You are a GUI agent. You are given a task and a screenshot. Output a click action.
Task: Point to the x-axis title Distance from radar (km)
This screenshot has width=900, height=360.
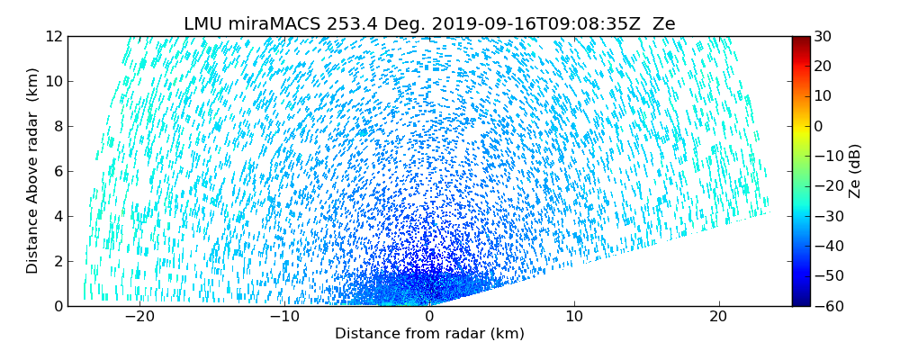[x=429, y=334]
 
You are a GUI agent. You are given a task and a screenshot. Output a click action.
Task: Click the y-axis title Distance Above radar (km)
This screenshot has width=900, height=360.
[x=33, y=171]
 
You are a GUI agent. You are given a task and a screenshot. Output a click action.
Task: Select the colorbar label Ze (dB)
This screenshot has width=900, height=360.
[x=855, y=171]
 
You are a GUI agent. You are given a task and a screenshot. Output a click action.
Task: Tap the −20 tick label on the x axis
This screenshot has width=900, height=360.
[x=139, y=317]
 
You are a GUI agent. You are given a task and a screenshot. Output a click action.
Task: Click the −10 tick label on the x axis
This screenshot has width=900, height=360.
[x=284, y=317]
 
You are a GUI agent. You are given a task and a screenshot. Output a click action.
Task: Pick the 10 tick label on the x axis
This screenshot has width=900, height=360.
[x=574, y=317]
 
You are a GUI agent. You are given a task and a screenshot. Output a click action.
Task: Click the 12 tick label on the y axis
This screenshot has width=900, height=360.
[x=54, y=36]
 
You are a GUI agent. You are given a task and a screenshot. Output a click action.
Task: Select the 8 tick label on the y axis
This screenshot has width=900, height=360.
[x=58, y=126]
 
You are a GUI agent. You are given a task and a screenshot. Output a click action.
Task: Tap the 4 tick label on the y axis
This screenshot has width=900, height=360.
[x=58, y=216]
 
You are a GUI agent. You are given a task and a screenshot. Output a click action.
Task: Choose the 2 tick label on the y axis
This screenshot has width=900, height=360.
[x=58, y=261]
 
